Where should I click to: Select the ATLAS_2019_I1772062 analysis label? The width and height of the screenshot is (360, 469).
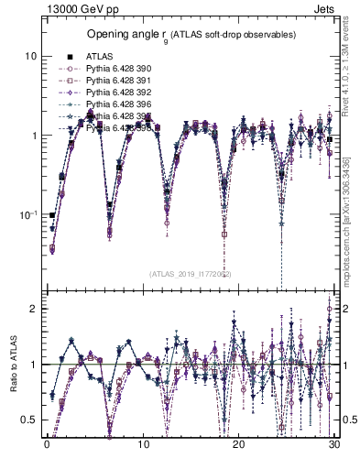(190, 273)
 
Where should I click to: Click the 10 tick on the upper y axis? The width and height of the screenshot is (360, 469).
(30, 56)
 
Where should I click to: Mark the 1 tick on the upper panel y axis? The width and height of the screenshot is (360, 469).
(33, 136)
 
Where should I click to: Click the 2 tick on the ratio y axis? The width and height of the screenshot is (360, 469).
(33, 309)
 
